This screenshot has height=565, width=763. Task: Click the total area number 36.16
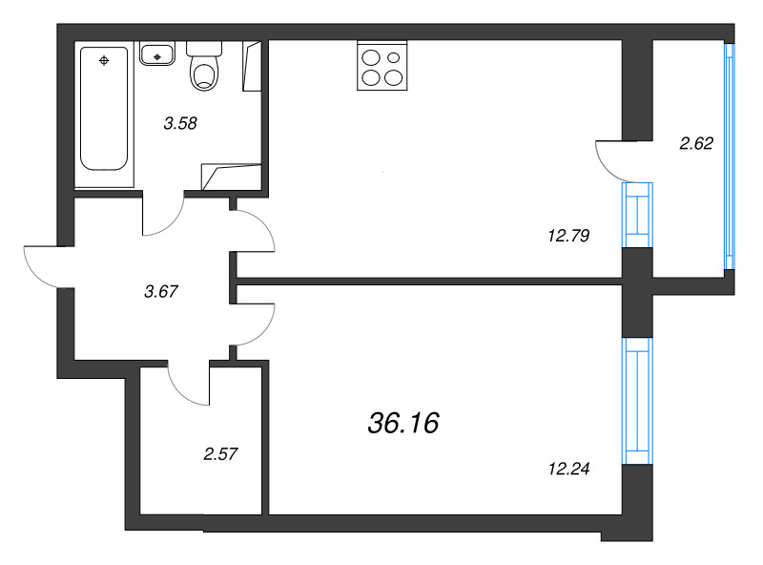point(402,423)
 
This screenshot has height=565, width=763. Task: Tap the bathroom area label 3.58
point(180,122)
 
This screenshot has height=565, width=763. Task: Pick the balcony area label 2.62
point(696,144)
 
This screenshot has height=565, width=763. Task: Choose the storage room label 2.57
point(220,454)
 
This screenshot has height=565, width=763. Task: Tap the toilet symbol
point(203,68)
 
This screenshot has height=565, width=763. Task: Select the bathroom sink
point(157,53)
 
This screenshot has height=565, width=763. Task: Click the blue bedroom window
point(636,401)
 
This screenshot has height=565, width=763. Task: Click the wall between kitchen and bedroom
point(429,282)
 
